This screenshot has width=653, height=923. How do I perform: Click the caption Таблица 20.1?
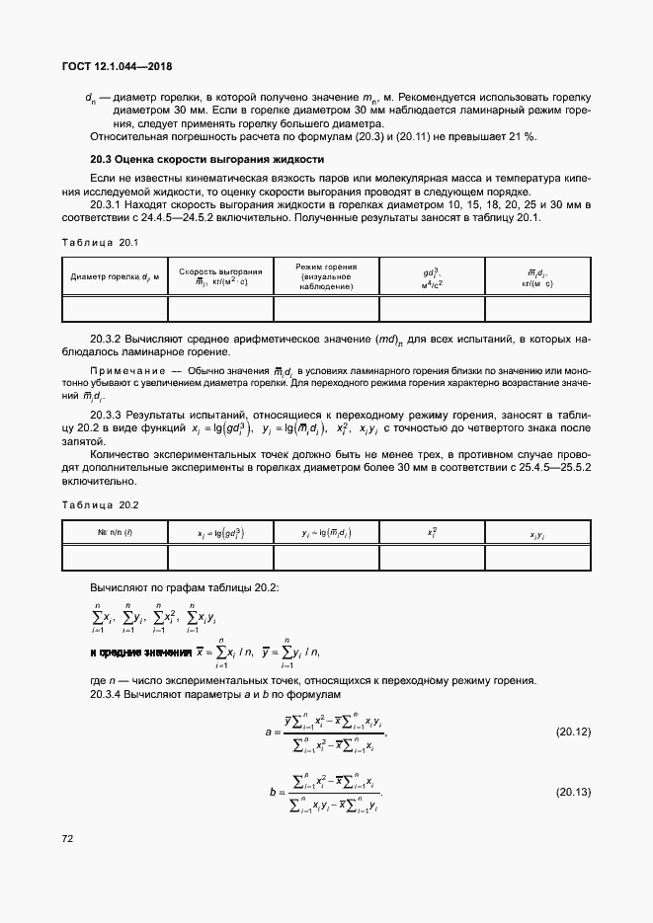(100, 242)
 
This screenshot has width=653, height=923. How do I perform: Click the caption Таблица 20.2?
(100, 505)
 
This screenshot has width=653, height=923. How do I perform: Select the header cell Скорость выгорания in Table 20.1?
(220, 276)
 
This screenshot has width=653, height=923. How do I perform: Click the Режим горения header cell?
(326, 276)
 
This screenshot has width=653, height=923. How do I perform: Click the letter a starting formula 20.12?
(268, 732)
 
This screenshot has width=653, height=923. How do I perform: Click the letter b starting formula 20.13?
(271, 792)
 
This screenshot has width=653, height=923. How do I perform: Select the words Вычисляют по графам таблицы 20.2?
(184, 587)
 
